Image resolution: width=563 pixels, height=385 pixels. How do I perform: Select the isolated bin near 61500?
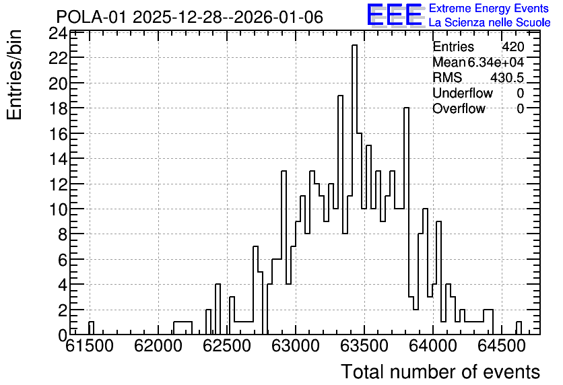tap(91, 328)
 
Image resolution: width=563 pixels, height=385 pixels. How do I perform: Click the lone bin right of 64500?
tap(519, 328)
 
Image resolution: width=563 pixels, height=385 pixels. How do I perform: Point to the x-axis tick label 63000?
tap(295, 346)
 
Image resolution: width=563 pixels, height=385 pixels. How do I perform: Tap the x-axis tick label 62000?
tap(158, 346)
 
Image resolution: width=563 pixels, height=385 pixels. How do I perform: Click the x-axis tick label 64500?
tap(501, 346)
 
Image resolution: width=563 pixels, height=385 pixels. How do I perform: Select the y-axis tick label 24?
tap(58, 34)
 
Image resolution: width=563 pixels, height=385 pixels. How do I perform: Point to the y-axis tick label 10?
tap(58, 209)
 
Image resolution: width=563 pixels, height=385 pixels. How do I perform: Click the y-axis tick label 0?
tap(63, 335)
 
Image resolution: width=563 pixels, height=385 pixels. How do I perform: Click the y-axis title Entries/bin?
tap(14, 75)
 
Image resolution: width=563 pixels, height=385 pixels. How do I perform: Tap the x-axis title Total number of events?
tap(440, 372)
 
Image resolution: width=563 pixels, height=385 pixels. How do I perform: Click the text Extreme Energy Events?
tap(489, 8)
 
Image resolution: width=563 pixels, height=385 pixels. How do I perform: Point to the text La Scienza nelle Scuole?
tap(490, 22)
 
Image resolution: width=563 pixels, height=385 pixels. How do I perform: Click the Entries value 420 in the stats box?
tap(512, 46)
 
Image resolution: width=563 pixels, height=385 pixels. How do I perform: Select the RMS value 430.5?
tap(507, 77)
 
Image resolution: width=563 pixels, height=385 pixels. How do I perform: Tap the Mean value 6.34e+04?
tap(496, 62)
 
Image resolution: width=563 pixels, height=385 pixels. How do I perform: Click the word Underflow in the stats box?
tap(463, 93)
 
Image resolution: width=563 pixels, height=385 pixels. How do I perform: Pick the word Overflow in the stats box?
tap(459, 108)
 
